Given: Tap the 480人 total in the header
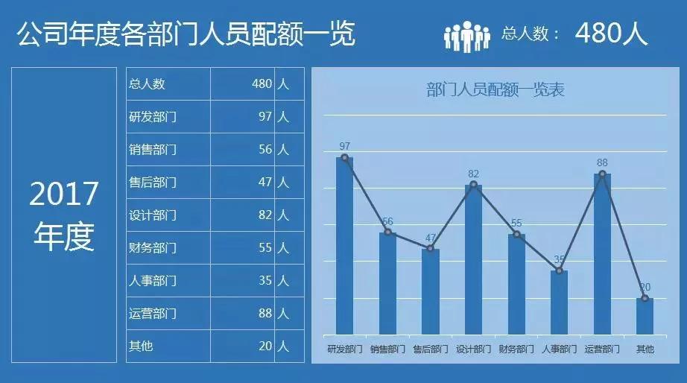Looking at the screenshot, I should (x=611, y=34).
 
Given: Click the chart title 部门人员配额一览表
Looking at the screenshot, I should (x=496, y=90).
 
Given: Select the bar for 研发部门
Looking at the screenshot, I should (x=344, y=246).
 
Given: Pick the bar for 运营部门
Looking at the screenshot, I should (x=602, y=254).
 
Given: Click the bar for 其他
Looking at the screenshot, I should (x=645, y=316).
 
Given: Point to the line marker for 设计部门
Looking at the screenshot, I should (x=473, y=184).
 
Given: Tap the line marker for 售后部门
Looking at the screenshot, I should (x=430, y=248).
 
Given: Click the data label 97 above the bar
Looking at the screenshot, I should (x=344, y=146).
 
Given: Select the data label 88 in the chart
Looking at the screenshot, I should (x=602, y=162).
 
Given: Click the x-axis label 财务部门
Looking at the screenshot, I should (x=516, y=349).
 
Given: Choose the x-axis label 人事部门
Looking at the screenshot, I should (x=559, y=349).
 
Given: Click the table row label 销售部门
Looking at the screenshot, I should (x=153, y=150).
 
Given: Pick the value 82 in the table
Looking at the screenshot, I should (x=265, y=215).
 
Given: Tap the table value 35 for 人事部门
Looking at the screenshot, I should (x=265, y=281).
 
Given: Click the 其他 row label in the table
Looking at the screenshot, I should (x=141, y=346).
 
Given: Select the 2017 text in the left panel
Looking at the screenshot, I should (x=64, y=194).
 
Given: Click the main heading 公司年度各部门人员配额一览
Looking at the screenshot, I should (x=186, y=34).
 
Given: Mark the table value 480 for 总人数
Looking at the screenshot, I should (x=262, y=84).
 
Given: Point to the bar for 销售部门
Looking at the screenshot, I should (x=387, y=283).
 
